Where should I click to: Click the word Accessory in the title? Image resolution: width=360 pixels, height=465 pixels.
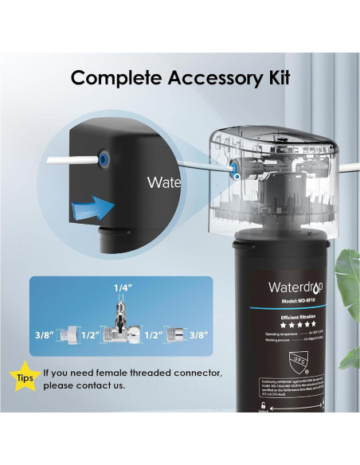[207, 78]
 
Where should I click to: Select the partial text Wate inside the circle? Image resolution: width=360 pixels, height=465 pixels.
[164, 183]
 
